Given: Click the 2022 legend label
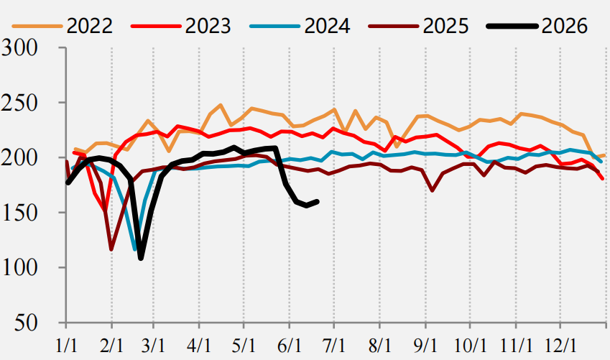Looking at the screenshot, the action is (90, 26).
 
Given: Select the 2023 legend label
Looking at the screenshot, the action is (208, 26).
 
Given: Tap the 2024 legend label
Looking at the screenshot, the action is (327, 26).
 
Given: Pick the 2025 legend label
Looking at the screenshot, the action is (446, 26).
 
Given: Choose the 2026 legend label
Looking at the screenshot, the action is (565, 26).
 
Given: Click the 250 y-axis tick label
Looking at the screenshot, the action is (19, 103).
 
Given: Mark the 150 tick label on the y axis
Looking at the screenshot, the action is (20, 213).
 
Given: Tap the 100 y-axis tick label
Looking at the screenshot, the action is (20, 268).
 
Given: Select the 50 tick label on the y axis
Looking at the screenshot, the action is (26, 323).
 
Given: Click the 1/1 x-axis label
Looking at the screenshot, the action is (67, 345).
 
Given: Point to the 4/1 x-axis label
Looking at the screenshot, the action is (199, 345).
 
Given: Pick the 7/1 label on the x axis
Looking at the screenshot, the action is (334, 345).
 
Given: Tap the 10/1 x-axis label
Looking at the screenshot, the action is (471, 345).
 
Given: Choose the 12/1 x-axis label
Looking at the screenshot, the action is (560, 345).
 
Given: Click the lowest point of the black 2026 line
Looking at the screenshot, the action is (141, 258).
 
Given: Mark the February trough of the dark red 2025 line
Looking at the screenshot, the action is (111, 249).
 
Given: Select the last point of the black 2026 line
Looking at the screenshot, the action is (318, 202).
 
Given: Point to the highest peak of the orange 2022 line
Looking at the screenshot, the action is (221, 105).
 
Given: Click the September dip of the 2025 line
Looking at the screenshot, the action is (433, 190).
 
